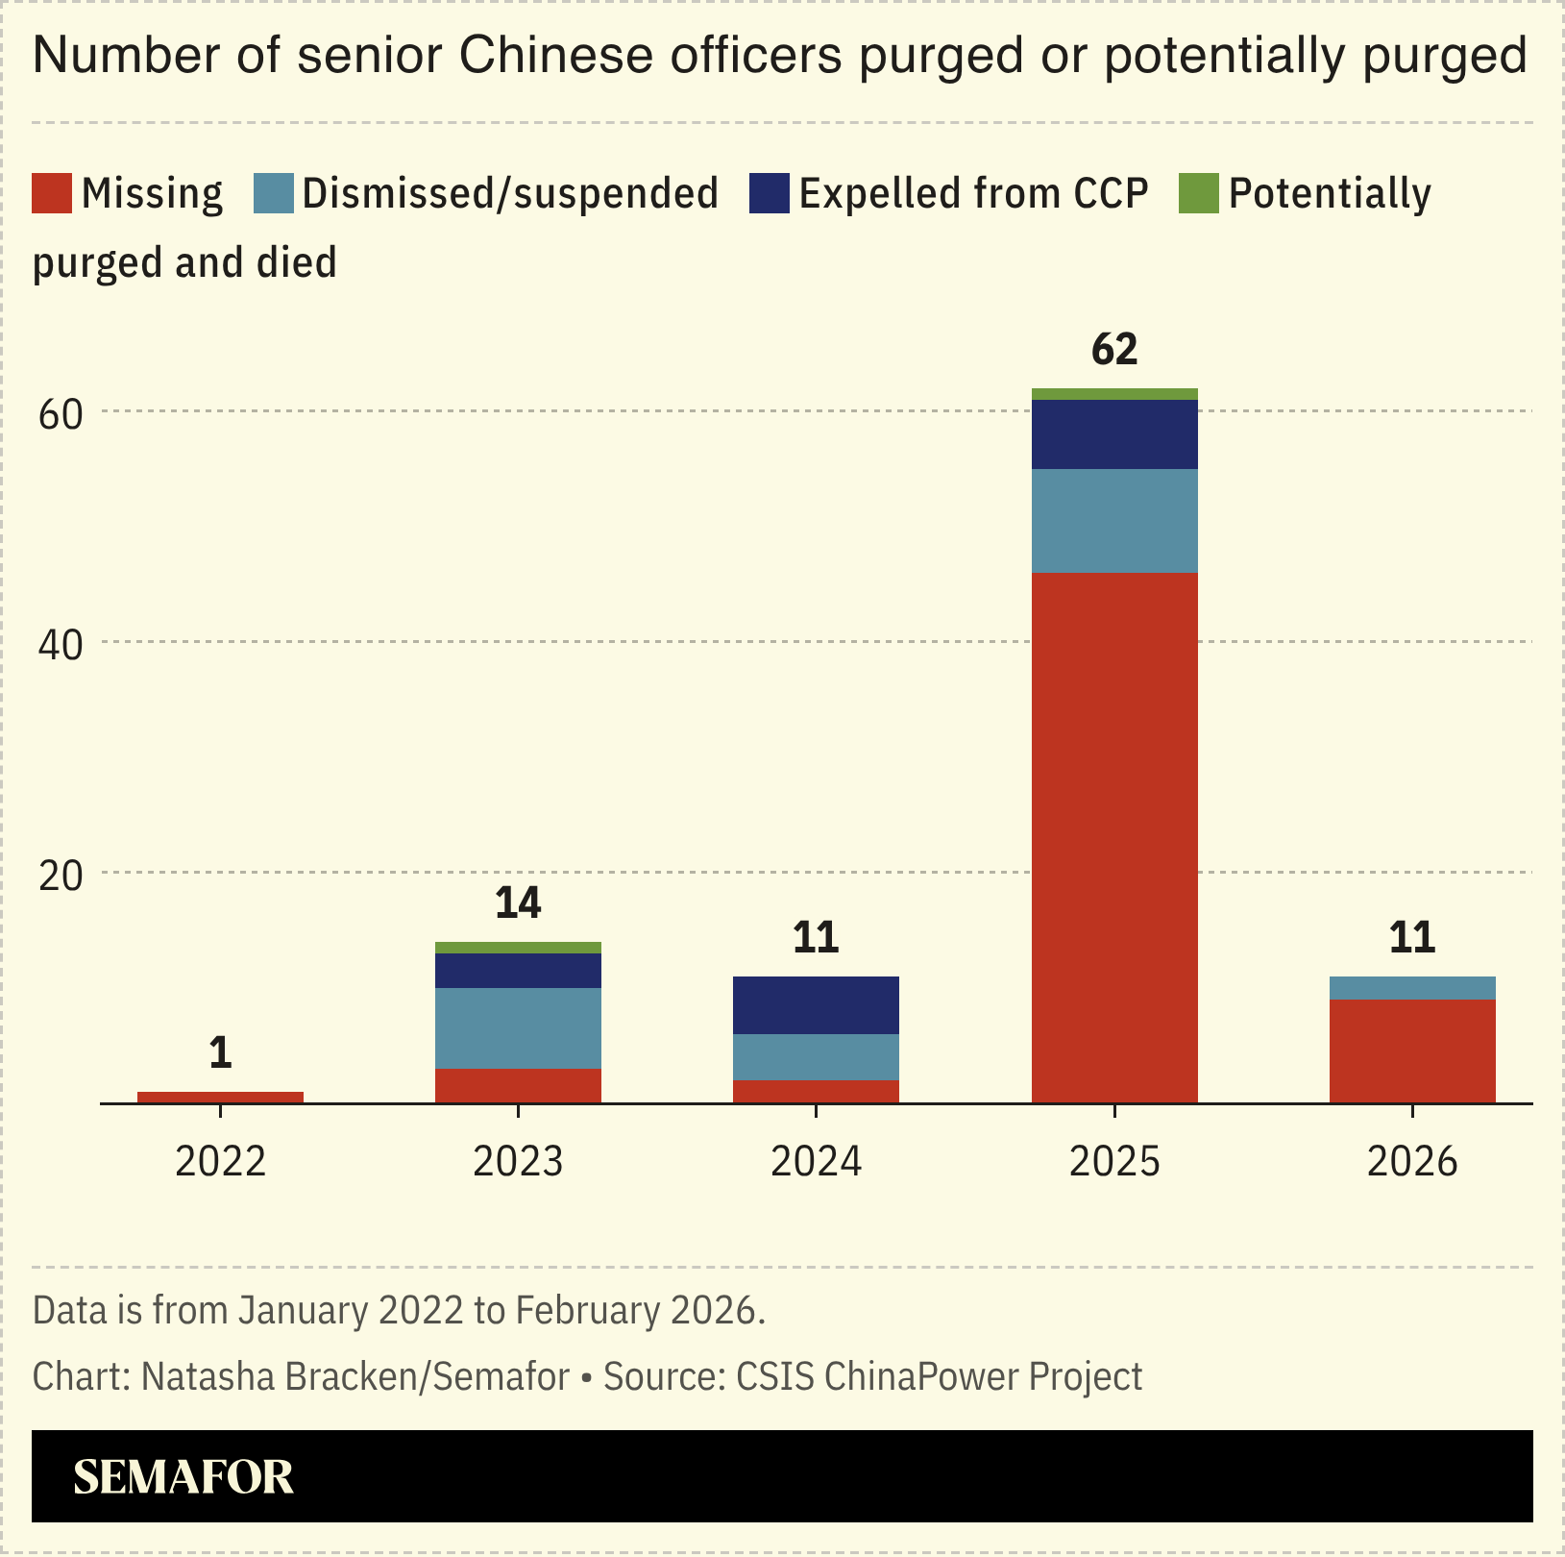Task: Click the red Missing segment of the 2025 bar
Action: [1114, 836]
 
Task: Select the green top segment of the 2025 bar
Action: [1114, 394]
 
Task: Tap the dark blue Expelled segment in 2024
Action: [816, 1005]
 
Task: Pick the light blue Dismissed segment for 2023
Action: [518, 1027]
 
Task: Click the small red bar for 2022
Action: [220, 1097]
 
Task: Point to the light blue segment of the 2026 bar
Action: [1412, 988]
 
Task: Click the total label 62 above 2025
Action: [1114, 350]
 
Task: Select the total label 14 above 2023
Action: [518, 903]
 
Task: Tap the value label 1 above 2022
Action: [220, 1053]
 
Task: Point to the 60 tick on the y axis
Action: [60, 414]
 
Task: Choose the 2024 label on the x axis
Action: [816, 1162]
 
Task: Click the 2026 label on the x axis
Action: [1412, 1162]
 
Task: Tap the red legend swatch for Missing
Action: [52, 193]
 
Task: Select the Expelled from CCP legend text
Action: [973, 193]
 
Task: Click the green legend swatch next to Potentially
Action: [1198, 193]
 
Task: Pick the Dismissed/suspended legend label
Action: [510, 193]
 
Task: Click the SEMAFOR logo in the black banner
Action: [183, 1477]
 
